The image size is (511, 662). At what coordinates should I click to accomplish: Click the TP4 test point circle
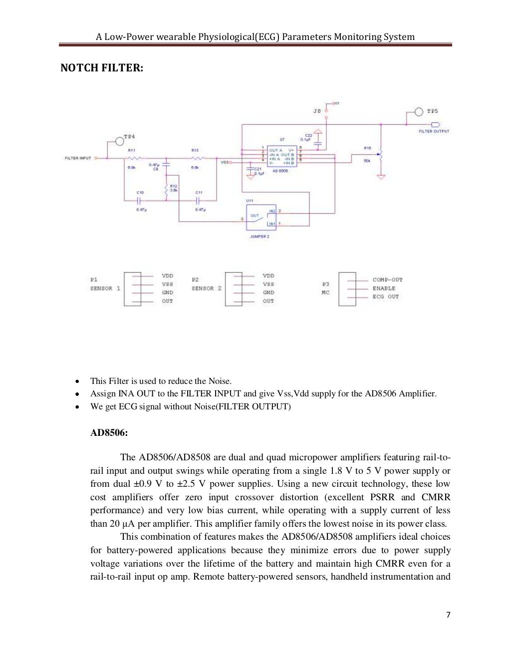120,141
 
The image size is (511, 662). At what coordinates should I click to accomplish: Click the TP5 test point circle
419,111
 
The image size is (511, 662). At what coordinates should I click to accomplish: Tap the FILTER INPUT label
78,158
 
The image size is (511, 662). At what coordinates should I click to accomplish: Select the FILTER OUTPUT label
434,131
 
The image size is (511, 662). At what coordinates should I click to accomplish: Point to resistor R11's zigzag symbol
132,158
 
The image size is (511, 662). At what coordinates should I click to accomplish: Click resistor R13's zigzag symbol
195,158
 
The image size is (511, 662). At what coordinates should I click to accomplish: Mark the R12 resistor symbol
166,189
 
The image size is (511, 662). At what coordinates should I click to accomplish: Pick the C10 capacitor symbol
140,201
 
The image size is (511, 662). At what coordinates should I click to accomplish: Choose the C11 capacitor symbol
198,201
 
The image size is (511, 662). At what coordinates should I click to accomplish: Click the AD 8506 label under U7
280,171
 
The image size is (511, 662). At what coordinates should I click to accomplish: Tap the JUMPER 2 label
259,237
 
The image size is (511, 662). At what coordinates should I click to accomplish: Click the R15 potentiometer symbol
381,154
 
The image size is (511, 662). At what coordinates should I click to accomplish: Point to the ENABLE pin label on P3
384,288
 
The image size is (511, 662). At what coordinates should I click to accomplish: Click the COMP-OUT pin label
387,280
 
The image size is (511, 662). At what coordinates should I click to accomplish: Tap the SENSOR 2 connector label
206,288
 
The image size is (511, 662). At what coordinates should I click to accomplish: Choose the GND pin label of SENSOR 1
168,293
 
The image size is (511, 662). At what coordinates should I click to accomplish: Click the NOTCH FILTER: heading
102,68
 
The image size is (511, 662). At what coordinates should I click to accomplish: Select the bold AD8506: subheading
109,432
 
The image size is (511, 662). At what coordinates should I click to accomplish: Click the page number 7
448,615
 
